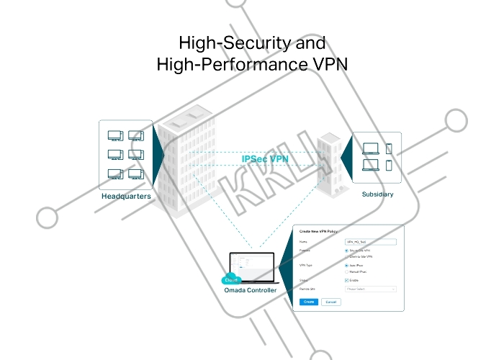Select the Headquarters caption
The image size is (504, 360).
tap(126, 196)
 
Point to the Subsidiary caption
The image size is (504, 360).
tap(378, 194)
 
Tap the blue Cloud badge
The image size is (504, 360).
tap(231, 279)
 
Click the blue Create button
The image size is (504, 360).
tap(308, 302)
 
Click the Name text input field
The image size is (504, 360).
tap(371, 241)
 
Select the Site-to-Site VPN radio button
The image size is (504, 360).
tap(346, 250)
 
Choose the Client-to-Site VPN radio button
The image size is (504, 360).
tap(346, 256)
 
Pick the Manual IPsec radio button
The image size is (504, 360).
tap(346, 271)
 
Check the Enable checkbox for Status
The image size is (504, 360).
tap(346, 280)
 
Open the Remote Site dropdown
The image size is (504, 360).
tap(371, 289)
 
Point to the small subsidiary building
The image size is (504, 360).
tap(328, 164)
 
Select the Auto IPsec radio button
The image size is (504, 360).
tap(346, 265)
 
